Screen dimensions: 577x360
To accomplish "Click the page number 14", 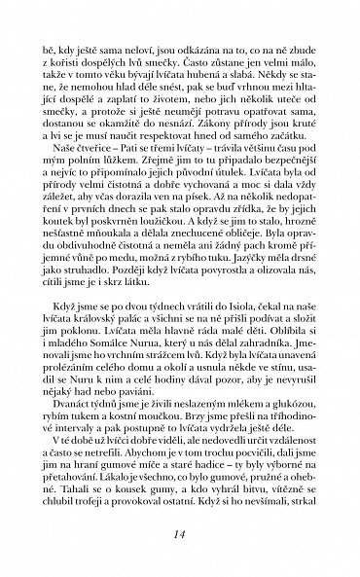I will point(180,534).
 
